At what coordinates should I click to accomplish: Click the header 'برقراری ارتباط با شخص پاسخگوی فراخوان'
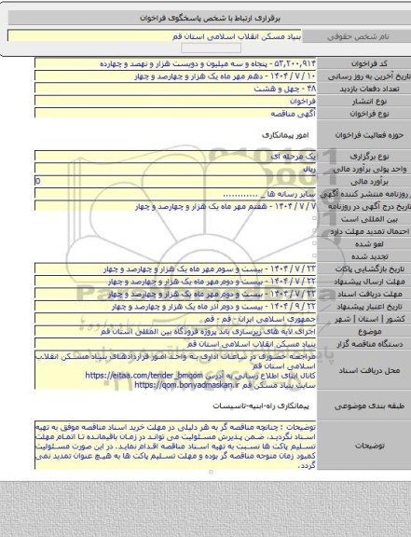pyautogui.click(x=205, y=18)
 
